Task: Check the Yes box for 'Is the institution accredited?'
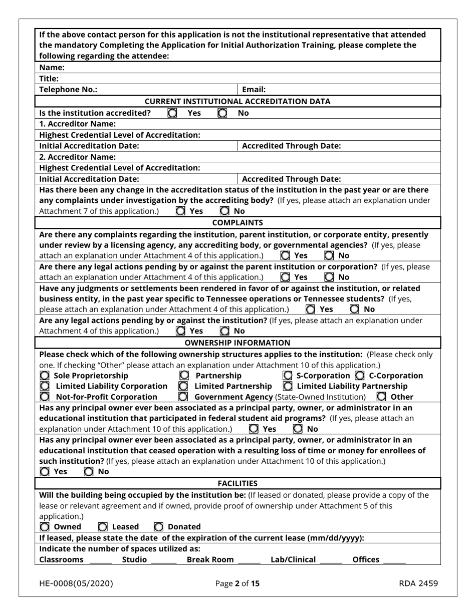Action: click(x=172, y=113)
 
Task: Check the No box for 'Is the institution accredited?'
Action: click(x=222, y=113)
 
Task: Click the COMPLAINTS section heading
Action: click(x=237, y=222)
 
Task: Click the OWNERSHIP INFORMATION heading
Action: click(x=237, y=343)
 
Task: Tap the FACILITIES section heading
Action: click(x=237, y=483)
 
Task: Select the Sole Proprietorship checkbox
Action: click(x=44, y=376)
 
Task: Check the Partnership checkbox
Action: click(x=184, y=376)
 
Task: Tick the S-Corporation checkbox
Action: click(x=288, y=376)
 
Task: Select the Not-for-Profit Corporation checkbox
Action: click(x=45, y=397)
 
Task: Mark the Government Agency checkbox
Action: click(x=183, y=397)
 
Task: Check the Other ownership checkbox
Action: click(x=382, y=397)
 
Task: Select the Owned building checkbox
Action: click(x=45, y=526)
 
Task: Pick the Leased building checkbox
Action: click(x=103, y=526)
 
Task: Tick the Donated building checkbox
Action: click(x=159, y=526)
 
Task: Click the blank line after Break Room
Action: click(x=249, y=560)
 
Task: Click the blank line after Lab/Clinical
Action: click(x=331, y=560)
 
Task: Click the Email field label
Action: click(x=254, y=90)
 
